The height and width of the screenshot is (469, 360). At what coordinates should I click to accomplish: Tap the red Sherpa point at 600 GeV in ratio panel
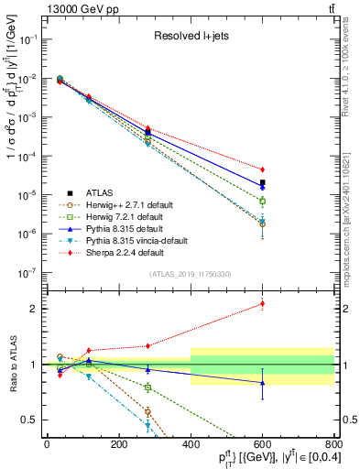262,303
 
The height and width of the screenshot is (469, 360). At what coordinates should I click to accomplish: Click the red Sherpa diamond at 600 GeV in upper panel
262,169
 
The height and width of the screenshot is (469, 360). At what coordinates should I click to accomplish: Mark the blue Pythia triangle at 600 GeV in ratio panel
262,383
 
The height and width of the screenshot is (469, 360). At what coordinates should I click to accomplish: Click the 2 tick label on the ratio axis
37,309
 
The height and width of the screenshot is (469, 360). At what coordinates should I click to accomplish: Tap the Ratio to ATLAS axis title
12,364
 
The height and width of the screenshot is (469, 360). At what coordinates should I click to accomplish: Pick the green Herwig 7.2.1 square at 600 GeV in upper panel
262,201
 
